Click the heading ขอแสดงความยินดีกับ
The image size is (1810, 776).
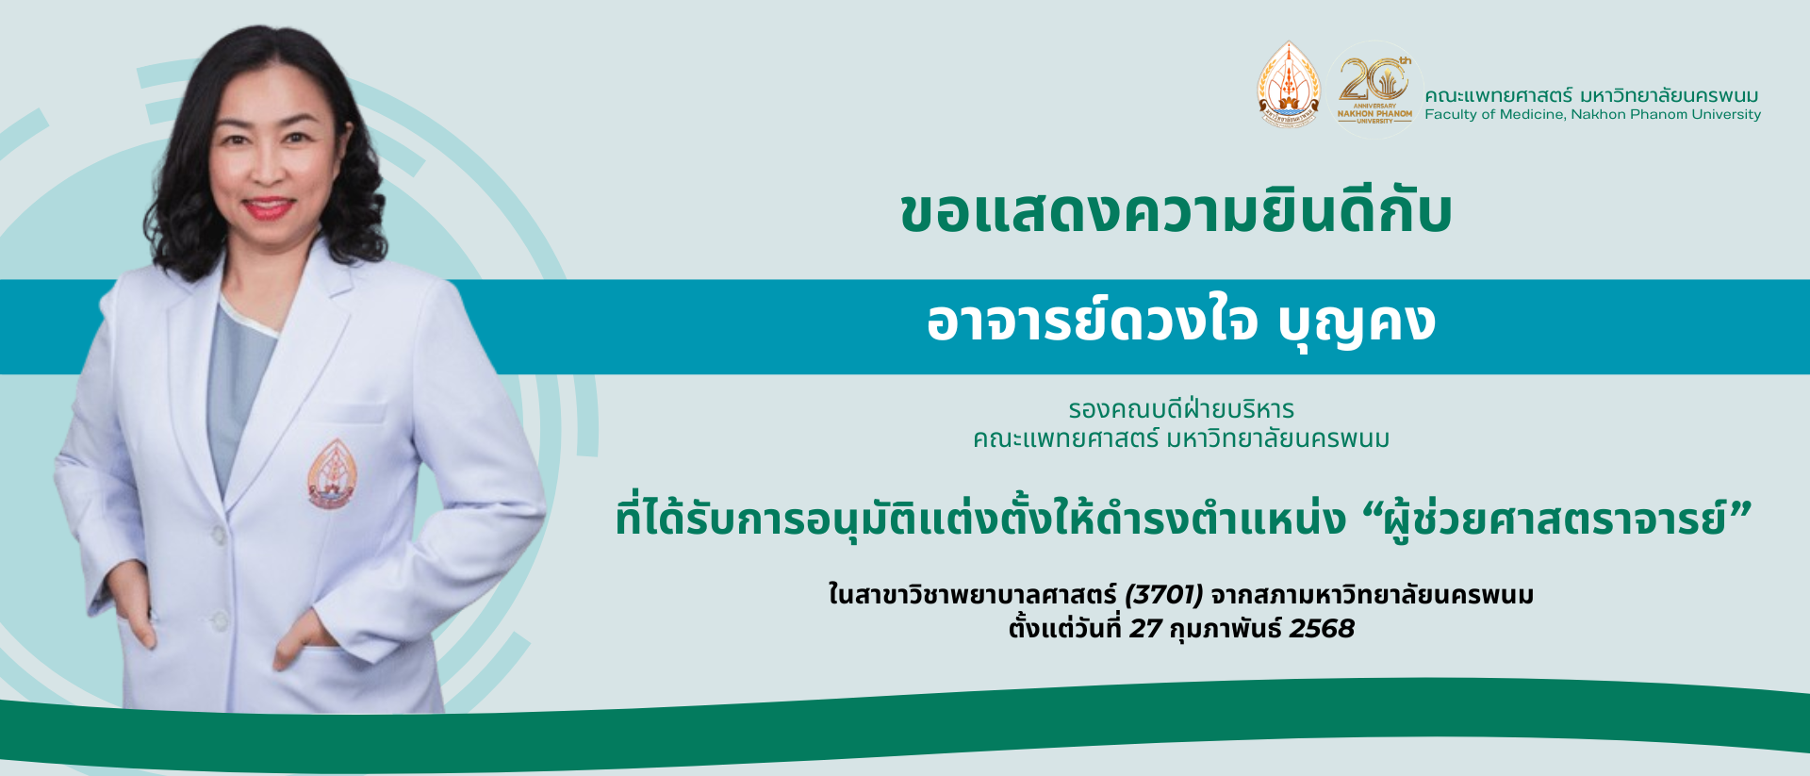pos(1176,213)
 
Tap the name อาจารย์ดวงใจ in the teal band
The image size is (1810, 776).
pos(1092,322)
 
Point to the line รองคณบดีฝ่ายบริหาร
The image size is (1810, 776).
pos(1180,409)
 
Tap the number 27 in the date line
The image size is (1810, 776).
pos(1145,629)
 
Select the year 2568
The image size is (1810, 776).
pos(1321,629)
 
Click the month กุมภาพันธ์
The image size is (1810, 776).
pos(1225,629)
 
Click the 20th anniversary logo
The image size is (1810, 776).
pos(1374,88)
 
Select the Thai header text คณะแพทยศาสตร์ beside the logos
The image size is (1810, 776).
pos(1498,95)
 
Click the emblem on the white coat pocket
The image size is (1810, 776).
pos(332,474)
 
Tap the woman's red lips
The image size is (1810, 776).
pos(269,207)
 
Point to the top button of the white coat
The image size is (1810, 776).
pos(219,535)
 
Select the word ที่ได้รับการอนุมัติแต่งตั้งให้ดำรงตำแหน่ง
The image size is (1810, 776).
pos(980,520)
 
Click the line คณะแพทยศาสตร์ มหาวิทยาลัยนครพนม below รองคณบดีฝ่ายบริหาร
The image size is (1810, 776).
pos(1180,438)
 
